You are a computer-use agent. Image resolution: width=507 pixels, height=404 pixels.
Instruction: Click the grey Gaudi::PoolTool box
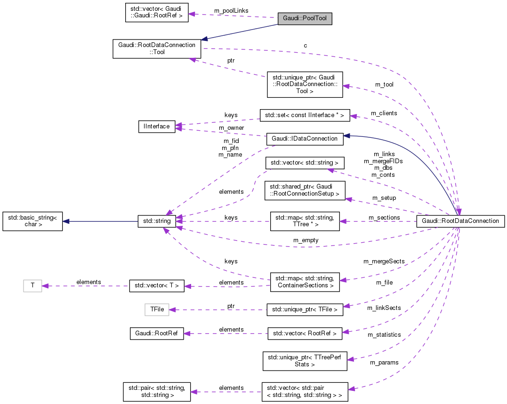[x=305, y=19]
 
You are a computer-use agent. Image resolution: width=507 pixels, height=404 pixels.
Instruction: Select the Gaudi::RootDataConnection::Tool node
[x=157, y=48]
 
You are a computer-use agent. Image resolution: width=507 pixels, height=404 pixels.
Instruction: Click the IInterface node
[x=157, y=126]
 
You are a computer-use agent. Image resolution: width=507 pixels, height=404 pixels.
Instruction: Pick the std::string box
[x=157, y=221]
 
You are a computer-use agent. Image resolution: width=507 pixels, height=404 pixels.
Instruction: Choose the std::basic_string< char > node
[x=32, y=221]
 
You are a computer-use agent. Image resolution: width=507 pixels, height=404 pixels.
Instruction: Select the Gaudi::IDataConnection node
[x=305, y=139]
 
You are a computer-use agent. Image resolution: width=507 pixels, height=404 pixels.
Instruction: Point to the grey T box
[x=32, y=285]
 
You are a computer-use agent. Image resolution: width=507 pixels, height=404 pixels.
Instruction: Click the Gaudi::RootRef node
[x=157, y=333]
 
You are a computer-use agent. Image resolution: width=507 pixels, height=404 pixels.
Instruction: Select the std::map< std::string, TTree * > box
[x=305, y=221]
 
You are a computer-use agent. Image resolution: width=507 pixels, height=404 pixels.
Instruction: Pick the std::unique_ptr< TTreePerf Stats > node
[x=305, y=360]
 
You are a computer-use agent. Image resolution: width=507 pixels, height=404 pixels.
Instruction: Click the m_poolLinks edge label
[x=231, y=10]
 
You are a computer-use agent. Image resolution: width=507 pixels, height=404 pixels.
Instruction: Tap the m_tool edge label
[x=384, y=85]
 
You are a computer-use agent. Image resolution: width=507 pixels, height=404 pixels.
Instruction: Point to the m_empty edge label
[x=306, y=240]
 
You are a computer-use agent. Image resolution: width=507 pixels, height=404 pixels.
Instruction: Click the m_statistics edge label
[x=384, y=335]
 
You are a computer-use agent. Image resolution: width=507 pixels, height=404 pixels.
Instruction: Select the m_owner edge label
[x=231, y=127]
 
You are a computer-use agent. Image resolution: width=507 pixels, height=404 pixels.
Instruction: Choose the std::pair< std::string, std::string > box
[x=157, y=391]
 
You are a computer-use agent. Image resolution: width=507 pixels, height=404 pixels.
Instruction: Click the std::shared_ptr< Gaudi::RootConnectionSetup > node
[x=305, y=190]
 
